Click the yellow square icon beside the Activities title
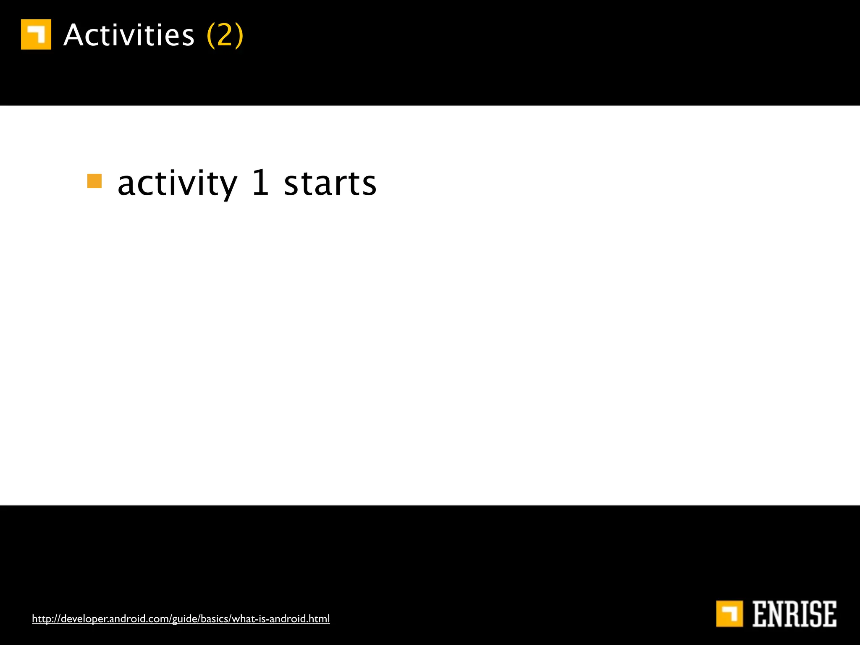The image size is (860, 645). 36,34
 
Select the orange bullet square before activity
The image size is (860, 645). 94,181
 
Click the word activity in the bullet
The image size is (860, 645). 177,184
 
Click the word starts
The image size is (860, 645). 330,184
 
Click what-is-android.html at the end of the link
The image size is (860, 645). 281,619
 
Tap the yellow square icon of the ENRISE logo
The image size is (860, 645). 729,614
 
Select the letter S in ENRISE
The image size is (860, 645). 816,614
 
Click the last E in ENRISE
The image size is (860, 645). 830,614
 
